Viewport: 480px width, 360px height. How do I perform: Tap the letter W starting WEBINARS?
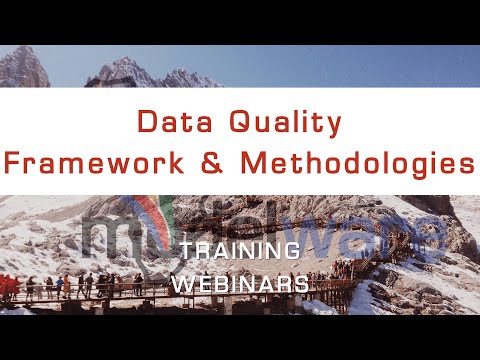182,283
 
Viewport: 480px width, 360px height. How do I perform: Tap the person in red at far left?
8,286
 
